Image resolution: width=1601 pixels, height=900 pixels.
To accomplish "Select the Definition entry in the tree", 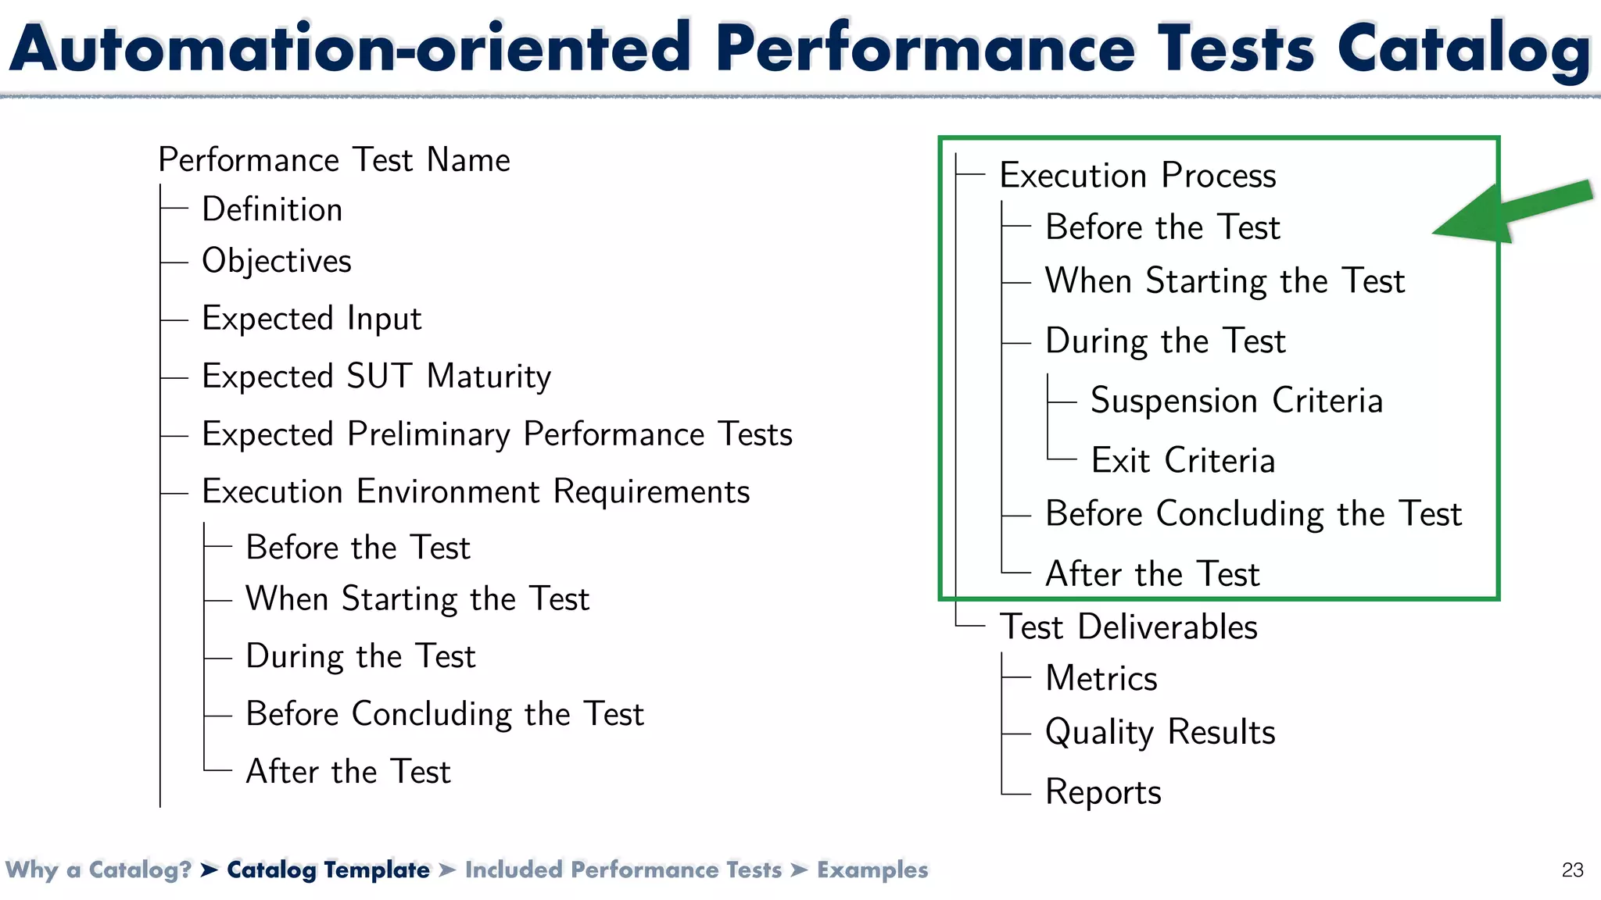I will coord(272,209).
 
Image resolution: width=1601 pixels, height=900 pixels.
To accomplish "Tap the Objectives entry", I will coord(277,261).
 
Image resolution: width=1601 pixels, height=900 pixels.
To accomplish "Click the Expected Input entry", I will coord(311,319).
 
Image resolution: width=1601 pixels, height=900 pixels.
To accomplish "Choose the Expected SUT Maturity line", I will coord(376,377).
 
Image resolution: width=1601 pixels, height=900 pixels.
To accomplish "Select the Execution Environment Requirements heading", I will coord(475,492).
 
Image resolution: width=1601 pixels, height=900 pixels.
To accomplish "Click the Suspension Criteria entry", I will coord(1236,401).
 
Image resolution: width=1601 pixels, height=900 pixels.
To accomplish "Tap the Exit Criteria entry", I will coord(1183,460).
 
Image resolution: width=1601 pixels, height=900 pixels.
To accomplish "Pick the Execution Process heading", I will coord(1137,175).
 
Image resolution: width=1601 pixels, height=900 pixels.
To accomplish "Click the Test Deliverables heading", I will coord(1128,627).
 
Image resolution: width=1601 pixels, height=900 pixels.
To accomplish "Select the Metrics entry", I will coord(1101,678).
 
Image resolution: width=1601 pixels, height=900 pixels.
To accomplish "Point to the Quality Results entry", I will coord(1160,733).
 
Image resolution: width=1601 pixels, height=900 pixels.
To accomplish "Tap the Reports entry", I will coord(1103,792).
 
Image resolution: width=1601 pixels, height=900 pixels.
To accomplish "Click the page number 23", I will coord(1572,870).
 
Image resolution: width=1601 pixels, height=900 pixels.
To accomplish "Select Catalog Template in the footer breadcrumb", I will coord(328,870).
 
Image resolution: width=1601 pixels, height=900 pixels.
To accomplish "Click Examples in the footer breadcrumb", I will coord(872,870).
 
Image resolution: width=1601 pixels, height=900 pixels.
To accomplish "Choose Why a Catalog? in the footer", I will coord(98,870).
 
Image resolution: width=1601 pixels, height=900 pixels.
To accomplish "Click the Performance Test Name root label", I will coord(334,160).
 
